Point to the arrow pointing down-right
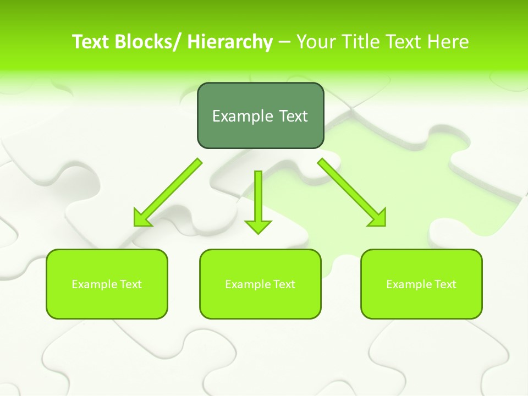(352, 193)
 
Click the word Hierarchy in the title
(230, 42)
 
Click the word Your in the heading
(316, 42)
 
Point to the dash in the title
(284, 42)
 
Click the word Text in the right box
(446, 284)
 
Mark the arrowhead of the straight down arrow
(258, 226)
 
